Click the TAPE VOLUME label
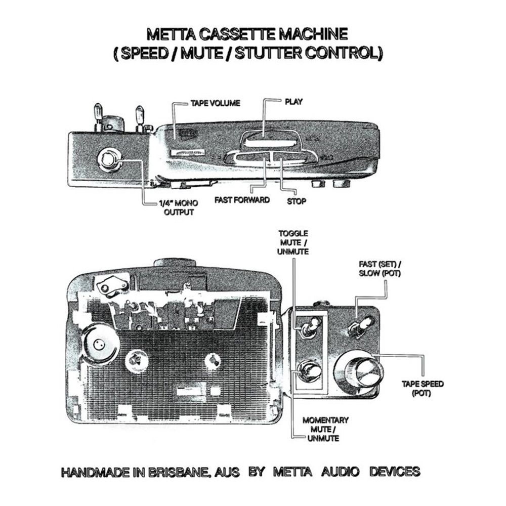pos(215,103)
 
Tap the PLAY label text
pos(293,102)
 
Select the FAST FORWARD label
pos(242,200)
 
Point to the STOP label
pos(296,201)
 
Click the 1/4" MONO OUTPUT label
pos(179,208)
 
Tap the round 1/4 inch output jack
pos(109,160)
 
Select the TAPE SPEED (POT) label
pos(423,389)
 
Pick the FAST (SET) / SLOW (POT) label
pos(380,269)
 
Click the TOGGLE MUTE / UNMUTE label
pos(293,243)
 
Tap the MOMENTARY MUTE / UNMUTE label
pos(325,430)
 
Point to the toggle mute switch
pos(311,326)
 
